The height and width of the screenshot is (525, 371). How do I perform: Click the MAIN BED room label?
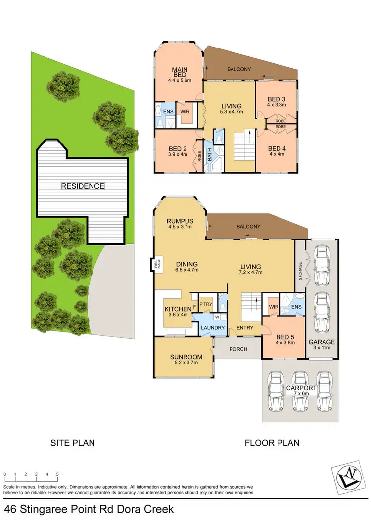coord(178,72)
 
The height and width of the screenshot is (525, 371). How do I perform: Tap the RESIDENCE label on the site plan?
coord(83,186)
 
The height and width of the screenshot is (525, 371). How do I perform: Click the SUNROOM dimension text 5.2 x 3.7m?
coord(184,362)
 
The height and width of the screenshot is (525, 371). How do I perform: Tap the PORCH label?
coord(237,349)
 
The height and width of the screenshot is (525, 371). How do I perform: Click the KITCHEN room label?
coord(177,310)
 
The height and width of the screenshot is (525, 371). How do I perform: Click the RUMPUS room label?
coord(180,221)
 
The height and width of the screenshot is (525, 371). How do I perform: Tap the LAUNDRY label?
coord(212,328)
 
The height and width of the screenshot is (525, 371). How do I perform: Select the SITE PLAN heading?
coord(73,443)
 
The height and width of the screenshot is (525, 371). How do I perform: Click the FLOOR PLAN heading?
coord(272,443)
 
